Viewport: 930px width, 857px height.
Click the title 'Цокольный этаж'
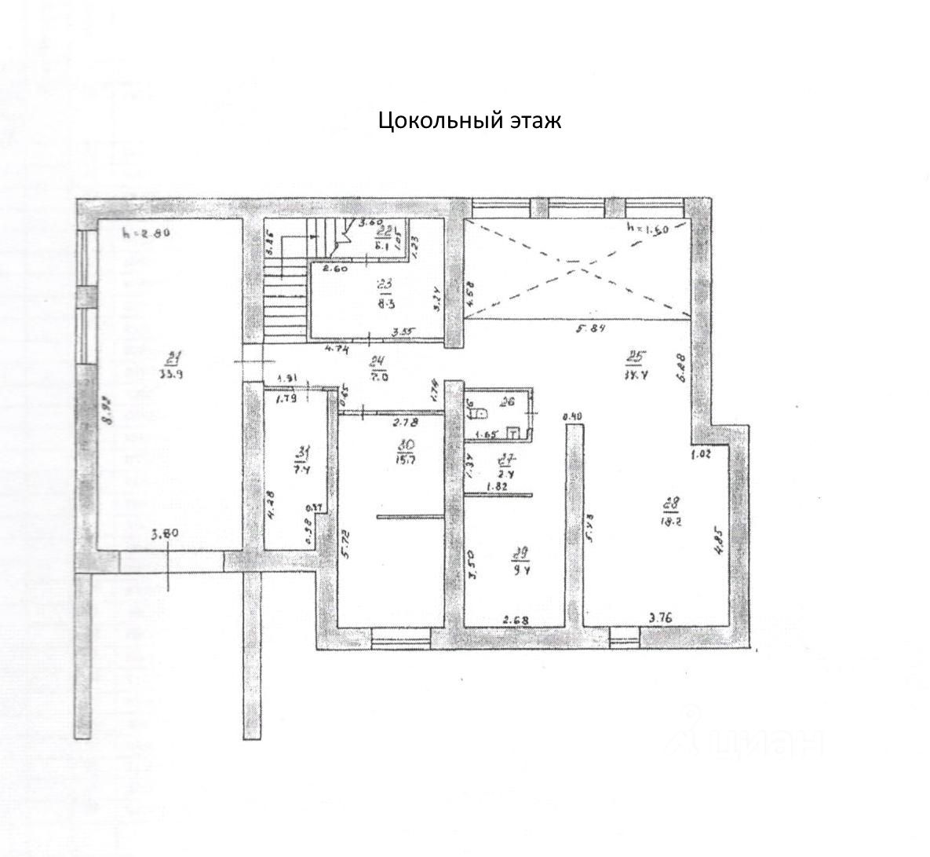pyautogui.click(x=469, y=121)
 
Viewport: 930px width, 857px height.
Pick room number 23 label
pyautogui.click(x=385, y=284)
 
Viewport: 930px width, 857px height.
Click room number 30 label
pyautogui.click(x=407, y=446)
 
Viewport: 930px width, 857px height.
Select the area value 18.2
pyautogui.click(x=672, y=518)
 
